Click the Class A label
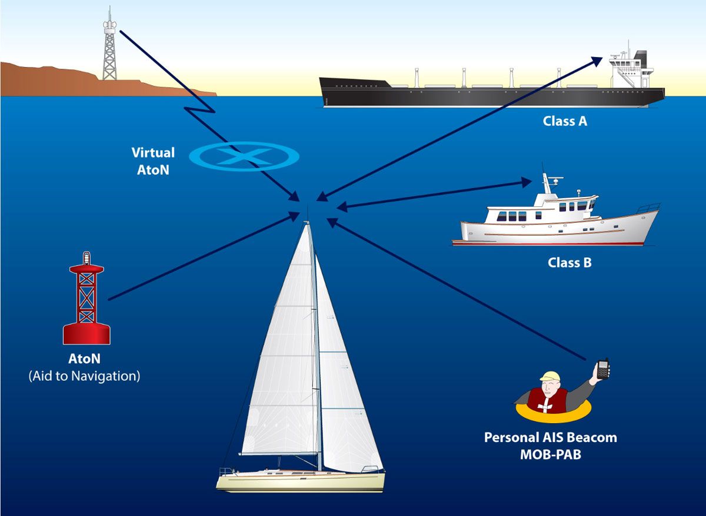coord(565,122)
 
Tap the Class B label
coord(570,263)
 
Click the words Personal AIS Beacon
coord(550,438)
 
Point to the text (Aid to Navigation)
coord(84,376)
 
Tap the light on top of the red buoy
coord(86,257)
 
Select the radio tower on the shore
coord(109,47)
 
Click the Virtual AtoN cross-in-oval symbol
coord(244,156)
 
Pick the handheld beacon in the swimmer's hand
coord(602,369)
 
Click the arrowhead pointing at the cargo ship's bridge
coord(597,59)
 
